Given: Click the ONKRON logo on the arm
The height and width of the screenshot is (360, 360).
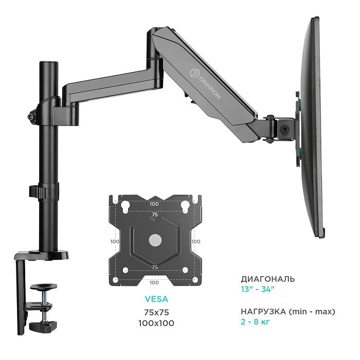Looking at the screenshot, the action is click(206, 83).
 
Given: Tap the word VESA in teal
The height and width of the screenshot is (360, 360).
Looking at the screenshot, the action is click(156, 299).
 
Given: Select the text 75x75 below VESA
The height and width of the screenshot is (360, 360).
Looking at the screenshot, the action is click(156, 312).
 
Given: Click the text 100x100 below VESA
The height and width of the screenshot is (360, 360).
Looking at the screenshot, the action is click(156, 323).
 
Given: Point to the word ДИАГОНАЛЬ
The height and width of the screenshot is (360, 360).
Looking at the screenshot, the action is click(268, 279).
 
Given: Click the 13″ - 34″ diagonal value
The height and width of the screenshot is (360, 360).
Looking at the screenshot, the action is click(258, 289).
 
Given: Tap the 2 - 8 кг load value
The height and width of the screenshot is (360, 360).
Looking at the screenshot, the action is click(255, 321).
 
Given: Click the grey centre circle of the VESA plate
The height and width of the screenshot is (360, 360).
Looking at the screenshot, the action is click(155, 240).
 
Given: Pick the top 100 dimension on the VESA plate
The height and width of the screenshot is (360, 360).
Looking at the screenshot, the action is click(154, 204).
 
